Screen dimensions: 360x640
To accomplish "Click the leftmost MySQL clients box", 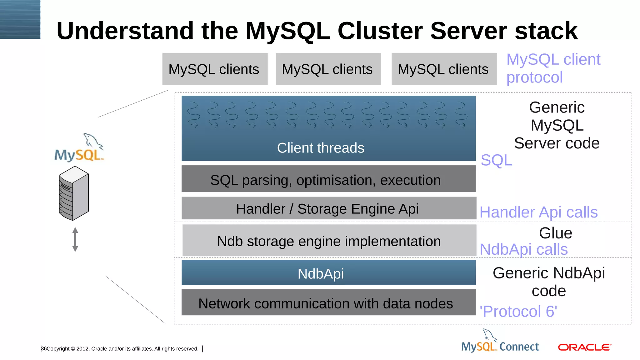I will coord(215,69).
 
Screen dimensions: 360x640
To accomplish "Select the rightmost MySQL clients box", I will coord(444,69).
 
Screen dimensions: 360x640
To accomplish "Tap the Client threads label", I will coord(321,148).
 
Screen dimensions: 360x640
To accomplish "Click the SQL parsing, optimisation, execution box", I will coord(328,179).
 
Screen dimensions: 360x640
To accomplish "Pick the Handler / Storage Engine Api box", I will coord(328,208).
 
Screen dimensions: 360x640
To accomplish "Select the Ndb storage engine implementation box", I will coord(329,241).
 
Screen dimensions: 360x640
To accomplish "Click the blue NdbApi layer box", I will coord(328,273).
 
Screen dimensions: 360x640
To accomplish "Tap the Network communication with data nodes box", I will coord(328,303).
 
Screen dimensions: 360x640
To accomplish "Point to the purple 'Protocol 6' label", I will coord(518,312).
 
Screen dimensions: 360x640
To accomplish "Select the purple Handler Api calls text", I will coord(538,212).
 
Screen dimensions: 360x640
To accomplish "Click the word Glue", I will coord(555,233).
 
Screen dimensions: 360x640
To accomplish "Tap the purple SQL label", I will coord(496,161).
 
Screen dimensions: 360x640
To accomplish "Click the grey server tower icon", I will coord(74,193).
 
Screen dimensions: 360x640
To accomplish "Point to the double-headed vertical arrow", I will coord(75,239).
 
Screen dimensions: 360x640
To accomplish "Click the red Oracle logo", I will coord(584,347).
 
